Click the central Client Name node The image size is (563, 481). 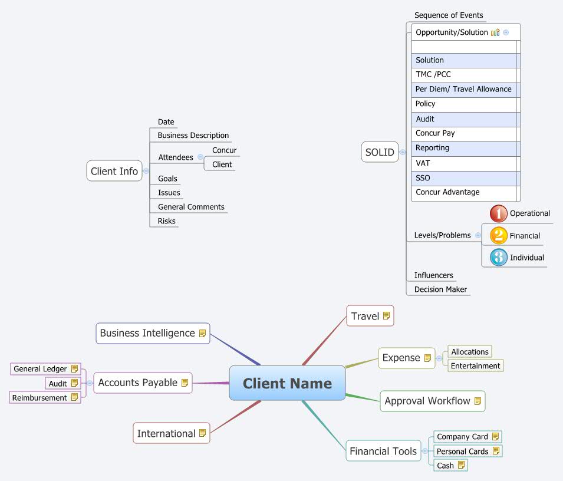(x=287, y=383)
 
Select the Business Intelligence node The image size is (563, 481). (x=152, y=333)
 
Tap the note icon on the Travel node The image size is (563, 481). (x=387, y=316)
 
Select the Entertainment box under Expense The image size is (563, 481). (x=475, y=366)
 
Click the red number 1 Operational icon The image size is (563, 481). (x=499, y=213)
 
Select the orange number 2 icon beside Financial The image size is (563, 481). (x=499, y=236)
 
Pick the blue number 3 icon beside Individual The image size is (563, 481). (x=499, y=258)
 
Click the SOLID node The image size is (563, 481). (x=380, y=152)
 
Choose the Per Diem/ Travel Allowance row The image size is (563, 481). (x=463, y=90)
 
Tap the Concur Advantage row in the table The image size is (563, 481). (x=448, y=192)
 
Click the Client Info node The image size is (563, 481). (x=114, y=172)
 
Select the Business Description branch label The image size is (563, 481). (x=193, y=136)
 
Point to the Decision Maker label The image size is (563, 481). (x=440, y=289)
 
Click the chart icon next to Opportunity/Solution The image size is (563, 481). (x=495, y=32)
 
